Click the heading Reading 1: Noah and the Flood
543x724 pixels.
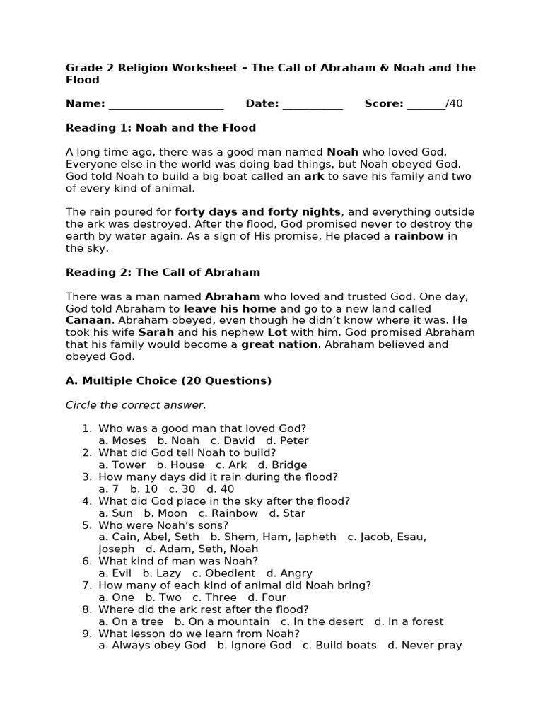[x=160, y=128]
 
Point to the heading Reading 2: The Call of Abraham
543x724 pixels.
[x=163, y=272]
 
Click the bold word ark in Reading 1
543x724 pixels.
[x=314, y=177]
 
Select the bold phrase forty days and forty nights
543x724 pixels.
[x=258, y=212]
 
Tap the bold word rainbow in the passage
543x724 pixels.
[x=419, y=236]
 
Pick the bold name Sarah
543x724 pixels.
[x=156, y=332]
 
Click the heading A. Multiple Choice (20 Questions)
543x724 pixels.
[x=168, y=381]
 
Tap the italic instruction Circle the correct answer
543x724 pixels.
[x=136, y=405]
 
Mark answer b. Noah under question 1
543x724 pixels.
[x=178, y=440]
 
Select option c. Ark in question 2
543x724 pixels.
[x=231, y=465]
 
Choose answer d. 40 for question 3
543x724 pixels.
[x=220, y=489]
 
